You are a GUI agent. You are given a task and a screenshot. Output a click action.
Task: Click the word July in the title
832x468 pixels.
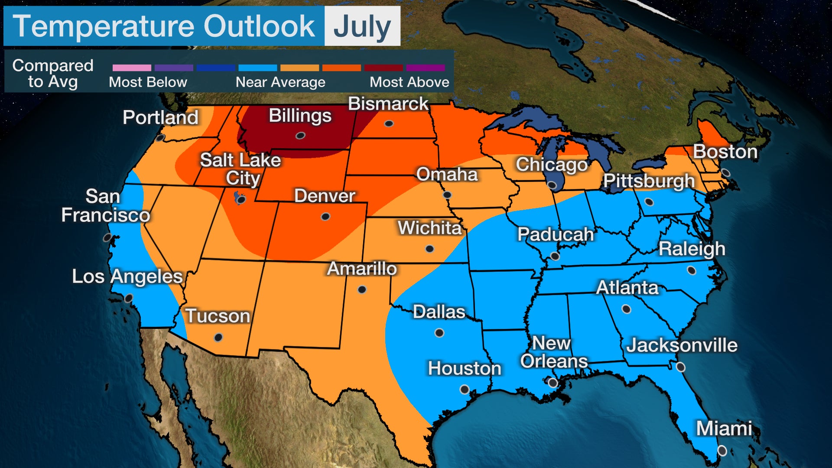click(x=362, y=27)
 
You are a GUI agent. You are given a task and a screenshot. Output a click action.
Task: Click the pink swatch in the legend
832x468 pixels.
click(x=132, y=68)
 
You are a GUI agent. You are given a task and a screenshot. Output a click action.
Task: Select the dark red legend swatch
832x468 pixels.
click(x=383, y=68)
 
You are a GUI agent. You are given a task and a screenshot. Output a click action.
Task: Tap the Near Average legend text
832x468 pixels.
click(x=280, y=82)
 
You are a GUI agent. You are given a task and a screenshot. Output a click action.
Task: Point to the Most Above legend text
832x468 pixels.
click(x=409, y=82)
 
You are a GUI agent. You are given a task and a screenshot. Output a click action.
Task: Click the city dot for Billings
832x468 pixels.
click(x=300, y=136)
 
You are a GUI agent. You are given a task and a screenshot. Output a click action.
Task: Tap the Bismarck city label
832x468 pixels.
click(x=388, y=104)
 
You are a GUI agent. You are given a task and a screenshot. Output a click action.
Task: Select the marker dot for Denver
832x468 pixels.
click(x=325, y=216)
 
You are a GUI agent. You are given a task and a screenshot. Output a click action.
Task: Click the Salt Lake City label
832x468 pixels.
click(x=240, y=169)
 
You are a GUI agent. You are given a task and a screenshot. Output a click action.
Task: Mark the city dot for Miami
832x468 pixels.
click(x=722, y=451)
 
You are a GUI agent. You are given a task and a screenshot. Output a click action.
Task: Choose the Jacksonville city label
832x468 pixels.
click(x=682, y=345)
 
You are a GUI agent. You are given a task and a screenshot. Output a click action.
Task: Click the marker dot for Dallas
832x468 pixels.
click(x=439, y=333)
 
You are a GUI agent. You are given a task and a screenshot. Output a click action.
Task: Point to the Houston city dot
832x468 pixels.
click(x=465, y=389)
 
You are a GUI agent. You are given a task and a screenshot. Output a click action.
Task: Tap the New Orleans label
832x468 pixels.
click(x=553, y=352)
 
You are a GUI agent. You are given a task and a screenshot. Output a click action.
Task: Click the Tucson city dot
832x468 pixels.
click(x=218, y=337)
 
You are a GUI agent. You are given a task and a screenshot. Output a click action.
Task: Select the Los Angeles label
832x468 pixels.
click(x=127, y=276)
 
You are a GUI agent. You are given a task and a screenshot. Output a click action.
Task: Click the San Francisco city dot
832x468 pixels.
click(x=107, y=237)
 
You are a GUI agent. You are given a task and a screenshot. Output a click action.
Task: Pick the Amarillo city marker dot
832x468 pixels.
click(x=362, y=289)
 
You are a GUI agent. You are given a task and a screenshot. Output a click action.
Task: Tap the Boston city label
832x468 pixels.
click(x=725, y=152)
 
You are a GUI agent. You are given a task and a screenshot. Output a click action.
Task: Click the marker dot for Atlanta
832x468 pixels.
click(x=626, y=309)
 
